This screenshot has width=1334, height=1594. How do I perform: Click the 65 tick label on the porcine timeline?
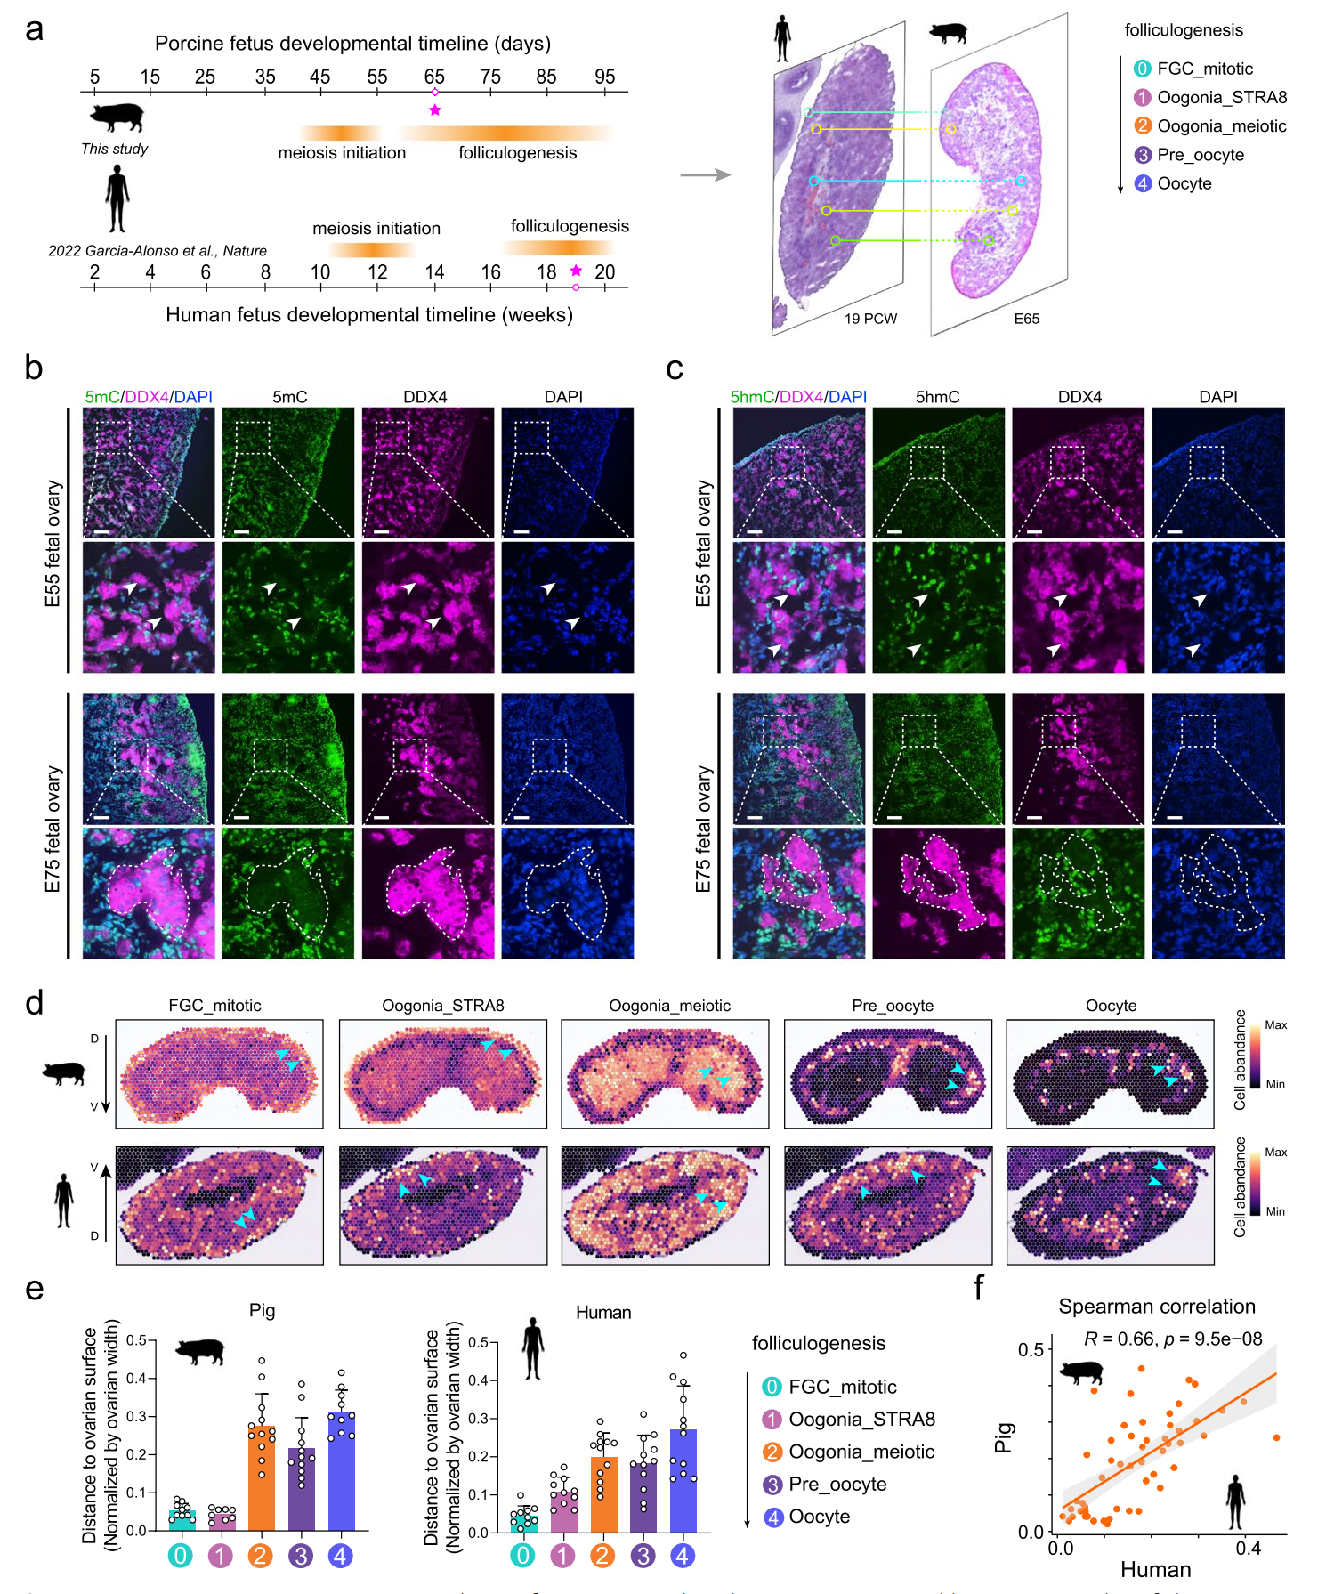434,77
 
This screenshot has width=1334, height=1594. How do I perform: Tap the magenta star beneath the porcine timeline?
434,110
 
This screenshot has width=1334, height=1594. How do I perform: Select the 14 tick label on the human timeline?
434,272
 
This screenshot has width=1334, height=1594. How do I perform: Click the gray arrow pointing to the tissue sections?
705,174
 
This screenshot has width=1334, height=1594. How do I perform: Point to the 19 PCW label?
870,319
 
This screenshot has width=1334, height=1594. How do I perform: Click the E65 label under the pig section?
1026,319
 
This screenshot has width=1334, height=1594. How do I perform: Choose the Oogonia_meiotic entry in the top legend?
1221,126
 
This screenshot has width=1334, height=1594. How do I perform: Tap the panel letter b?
34,368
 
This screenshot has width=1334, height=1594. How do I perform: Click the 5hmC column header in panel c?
937,397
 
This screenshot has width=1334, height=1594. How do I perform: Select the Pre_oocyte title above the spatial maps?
892,1006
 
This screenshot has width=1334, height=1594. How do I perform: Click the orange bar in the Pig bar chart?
261,1477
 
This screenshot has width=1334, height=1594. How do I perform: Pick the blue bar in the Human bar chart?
683,1481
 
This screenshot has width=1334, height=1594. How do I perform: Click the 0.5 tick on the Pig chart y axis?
136,1340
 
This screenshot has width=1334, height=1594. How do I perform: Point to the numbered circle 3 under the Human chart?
643,1556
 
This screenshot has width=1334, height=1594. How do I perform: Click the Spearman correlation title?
1156,1307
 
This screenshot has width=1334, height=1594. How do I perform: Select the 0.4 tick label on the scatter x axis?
1248,1549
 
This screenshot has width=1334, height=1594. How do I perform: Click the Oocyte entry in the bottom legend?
819,1517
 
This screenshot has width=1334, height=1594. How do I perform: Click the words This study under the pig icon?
114,149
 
